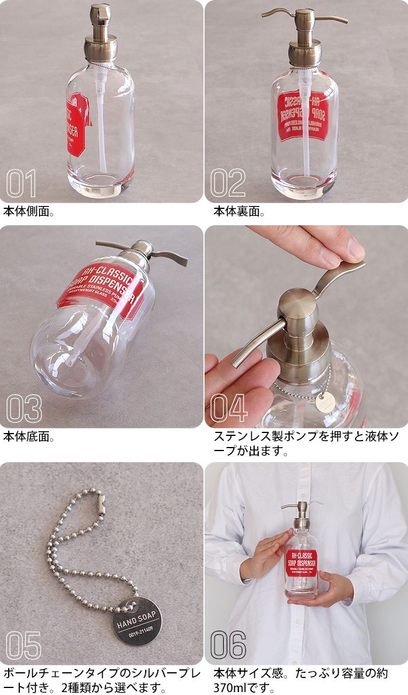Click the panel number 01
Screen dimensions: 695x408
[22, 183]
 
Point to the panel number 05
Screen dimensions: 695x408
[24, 645]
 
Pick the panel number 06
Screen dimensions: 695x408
[228, 645]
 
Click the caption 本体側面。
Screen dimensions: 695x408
[29, 211]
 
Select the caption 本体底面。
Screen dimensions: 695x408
[29, 436]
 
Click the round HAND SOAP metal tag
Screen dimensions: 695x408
[137, 620]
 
